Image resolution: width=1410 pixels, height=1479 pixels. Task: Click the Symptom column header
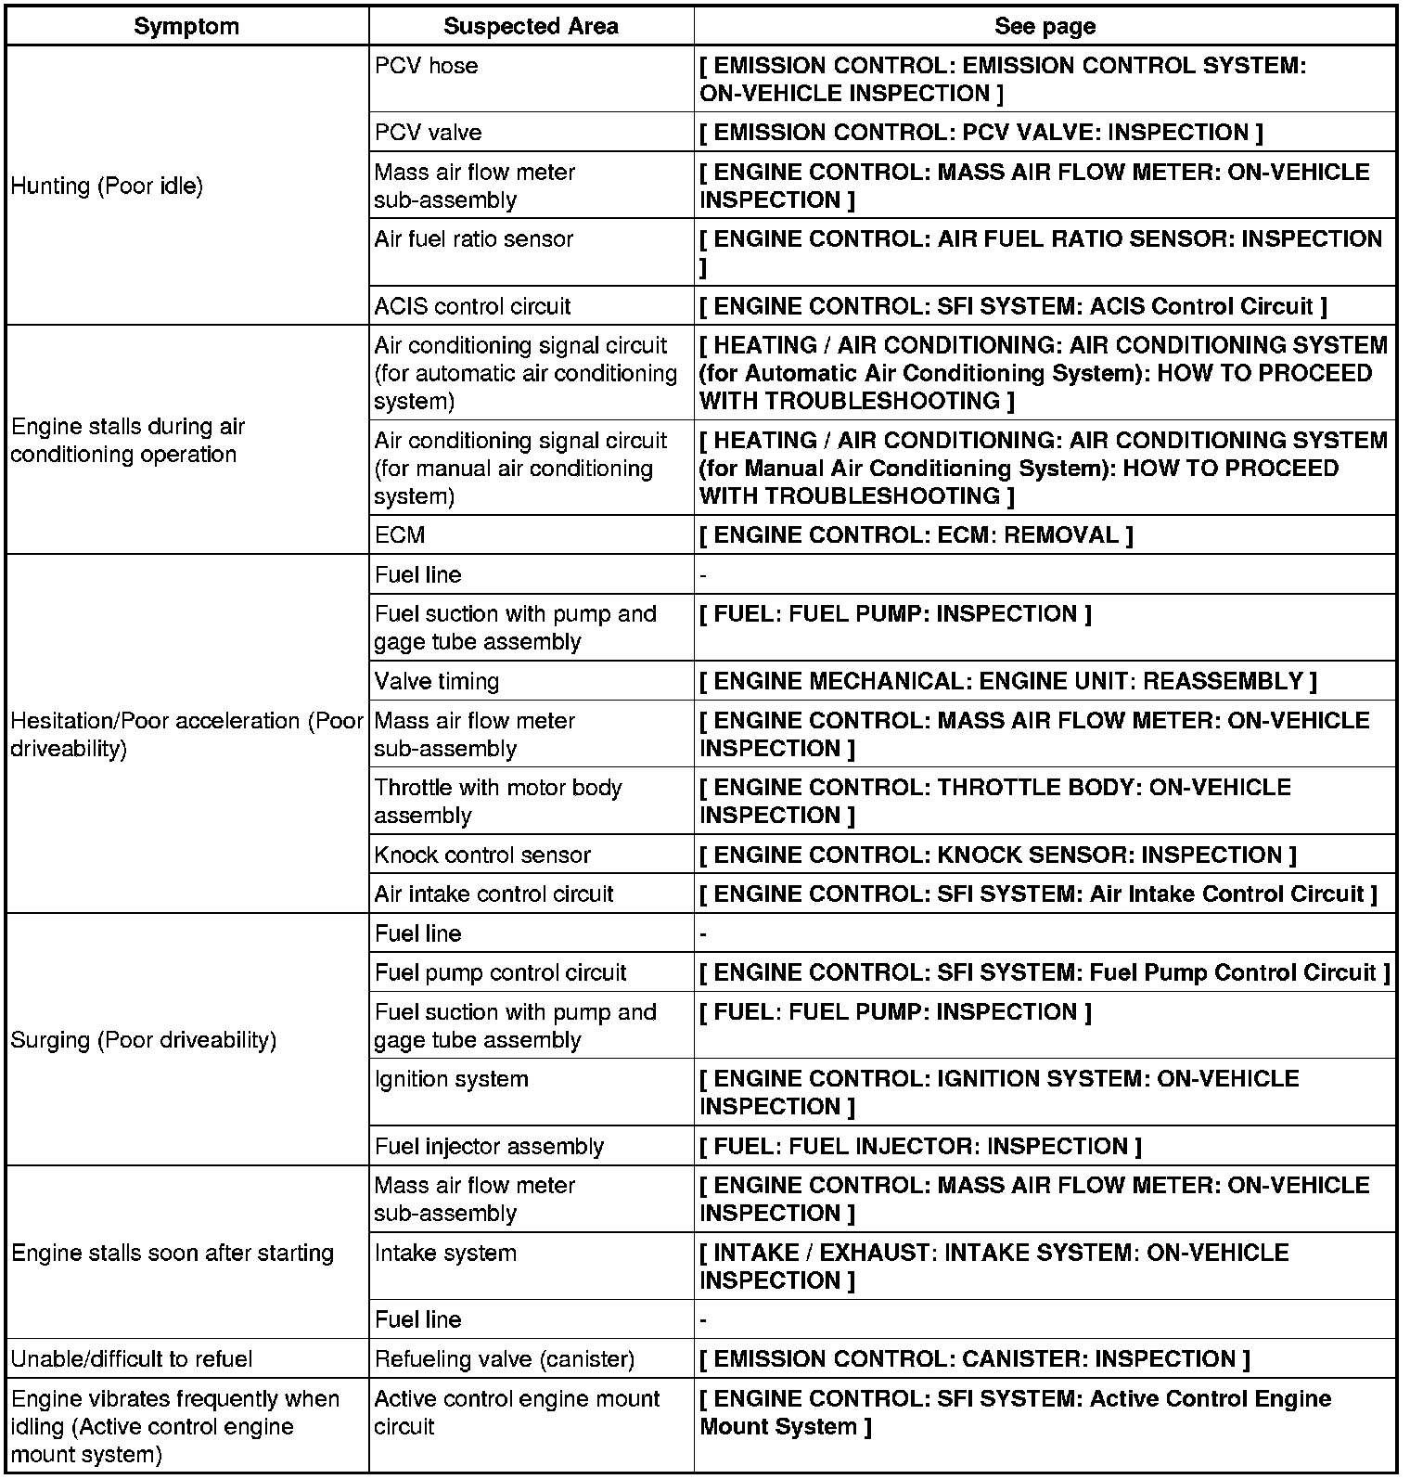pyautogui.click(x=186, y=26)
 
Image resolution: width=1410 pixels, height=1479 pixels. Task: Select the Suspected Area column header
pyautogui.click(x=531, y=26)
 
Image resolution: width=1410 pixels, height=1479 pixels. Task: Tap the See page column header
pyautogui.click(x=1045, y=26)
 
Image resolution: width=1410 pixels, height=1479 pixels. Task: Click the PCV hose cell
pyautogui.click(x=427, y=66)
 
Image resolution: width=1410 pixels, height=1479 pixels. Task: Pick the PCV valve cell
pyautogui.click(x=429, y=133)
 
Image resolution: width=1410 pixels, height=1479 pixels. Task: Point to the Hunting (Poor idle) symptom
pyautogui.click(x=107, y=186)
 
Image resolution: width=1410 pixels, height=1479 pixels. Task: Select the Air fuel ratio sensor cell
pyautogui.click(x=474, y=239)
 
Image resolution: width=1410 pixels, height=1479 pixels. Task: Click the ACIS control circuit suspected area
pyautogui.click(x=473, y=306)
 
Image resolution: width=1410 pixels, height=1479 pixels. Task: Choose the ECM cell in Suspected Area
pyautogui.click(x=400, y=535)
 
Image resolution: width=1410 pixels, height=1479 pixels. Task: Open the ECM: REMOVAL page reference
pyautogui.click(x=916, y=535)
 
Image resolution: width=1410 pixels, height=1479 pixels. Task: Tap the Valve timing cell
pyautogui.click(x=437, y=681)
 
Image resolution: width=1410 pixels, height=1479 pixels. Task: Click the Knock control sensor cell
pyautogui.click(x=482, y=855)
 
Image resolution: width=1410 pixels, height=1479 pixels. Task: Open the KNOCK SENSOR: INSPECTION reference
pyautogui.click(x=997, y=855)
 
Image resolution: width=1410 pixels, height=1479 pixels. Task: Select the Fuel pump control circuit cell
pyautogui.click(x=501, y=972)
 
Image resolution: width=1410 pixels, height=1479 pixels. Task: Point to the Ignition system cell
pyautogui.click(x=452, y=1079)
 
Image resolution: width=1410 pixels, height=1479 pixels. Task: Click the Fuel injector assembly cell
pyautogui.click(x=489, y=1147)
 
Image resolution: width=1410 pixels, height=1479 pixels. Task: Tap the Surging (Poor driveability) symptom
pyautogui.click(x=144, y=1040)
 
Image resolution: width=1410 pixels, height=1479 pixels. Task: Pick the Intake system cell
pyautogui.click(x=445, y=1254)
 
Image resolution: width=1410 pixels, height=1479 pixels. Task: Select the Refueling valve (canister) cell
pyautogui.click(x=505, y=1359)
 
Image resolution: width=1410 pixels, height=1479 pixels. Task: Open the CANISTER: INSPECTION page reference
pyautogui.click(x=974, y=1359)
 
